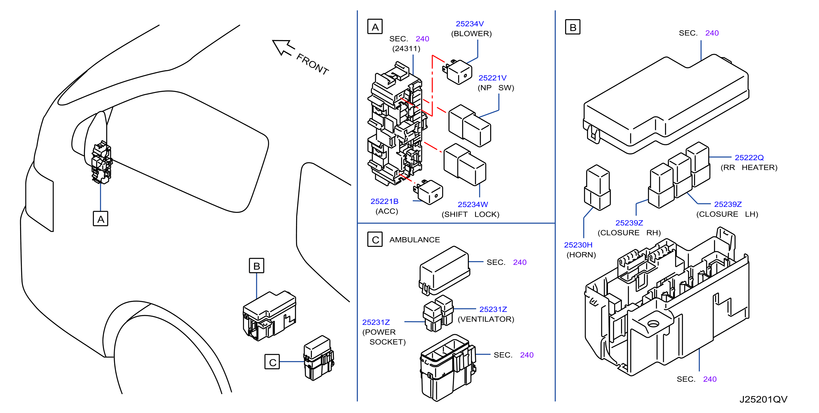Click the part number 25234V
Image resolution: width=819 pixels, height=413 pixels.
point(470,24)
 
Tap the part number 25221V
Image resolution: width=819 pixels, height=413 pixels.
point(492,78)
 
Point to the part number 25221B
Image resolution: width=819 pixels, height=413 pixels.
point(384,201)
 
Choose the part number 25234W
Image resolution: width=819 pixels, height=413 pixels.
point(473,205)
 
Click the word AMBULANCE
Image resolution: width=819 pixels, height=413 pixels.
point(415,240)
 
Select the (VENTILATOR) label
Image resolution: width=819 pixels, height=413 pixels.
point(486,319)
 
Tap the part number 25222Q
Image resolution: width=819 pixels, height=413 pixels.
point(749,158)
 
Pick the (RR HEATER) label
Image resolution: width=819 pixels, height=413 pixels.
point(749,168)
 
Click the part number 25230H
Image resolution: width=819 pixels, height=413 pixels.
point(578,245)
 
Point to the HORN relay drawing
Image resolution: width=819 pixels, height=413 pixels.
point(597,188)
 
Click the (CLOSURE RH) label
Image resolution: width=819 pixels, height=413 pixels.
point(629,233)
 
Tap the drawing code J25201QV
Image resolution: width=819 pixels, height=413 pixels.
point(763,399)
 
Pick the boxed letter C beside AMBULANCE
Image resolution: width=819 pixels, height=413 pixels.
point(375,240)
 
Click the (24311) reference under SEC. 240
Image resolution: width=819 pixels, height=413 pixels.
point(406,49)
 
